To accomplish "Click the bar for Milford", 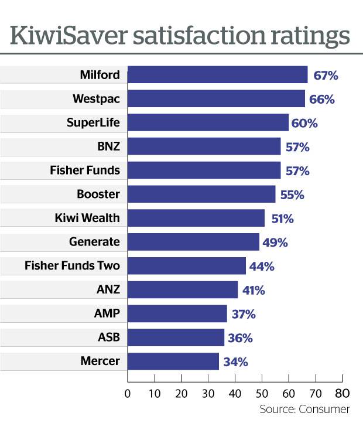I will coord(217,75).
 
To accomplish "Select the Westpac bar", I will coord(216,99).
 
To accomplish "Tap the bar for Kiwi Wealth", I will coord(196,219).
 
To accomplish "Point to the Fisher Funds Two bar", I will coord(187,266).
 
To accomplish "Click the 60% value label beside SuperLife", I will coord(305,123).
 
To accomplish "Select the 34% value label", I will coord(235,362).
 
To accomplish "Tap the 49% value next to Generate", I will coord(275,243).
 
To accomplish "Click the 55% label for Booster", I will coord(292,194).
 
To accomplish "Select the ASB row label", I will coord(108,338).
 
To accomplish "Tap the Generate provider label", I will coord(94,243).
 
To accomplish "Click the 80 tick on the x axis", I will coord(343,393).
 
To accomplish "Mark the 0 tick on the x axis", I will coord(128,393).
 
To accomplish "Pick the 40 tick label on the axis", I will coord(235,393).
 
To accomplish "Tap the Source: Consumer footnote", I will coord(304,409).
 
